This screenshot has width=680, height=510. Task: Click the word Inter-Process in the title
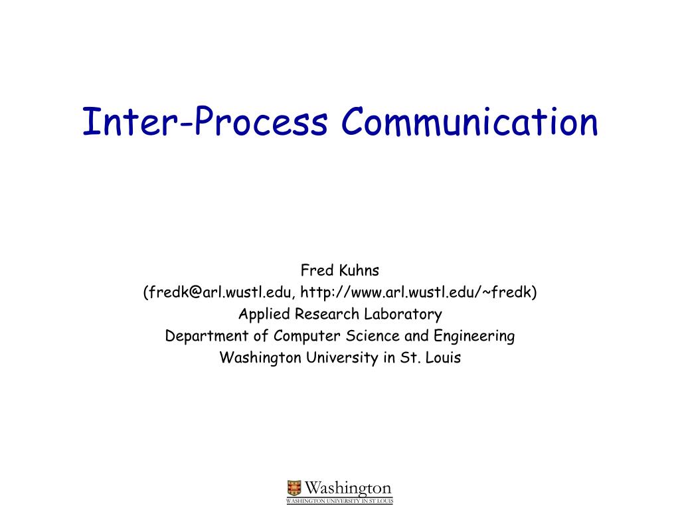click(x=205, y=123)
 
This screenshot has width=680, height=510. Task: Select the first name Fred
click(x=314, y=270)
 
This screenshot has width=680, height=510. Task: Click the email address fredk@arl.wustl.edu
click(x=220, y=292)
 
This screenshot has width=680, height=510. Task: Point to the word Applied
click(x=262, y=314)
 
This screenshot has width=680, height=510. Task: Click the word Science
click(x=371, y=336)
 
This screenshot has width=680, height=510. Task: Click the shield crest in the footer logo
click(x=294, y=488)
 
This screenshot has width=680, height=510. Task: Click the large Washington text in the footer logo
click(x=348, y=489)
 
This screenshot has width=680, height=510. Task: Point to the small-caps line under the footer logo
click(x=339, y=501)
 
